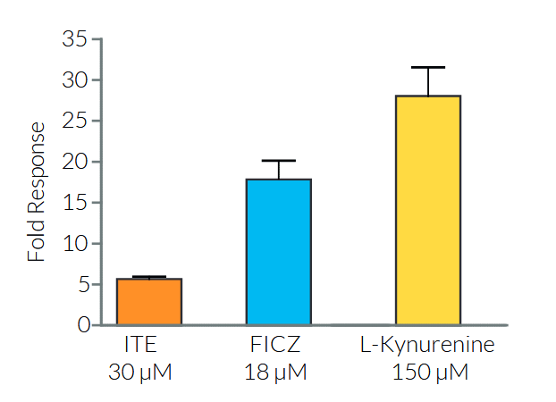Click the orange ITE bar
(149, 302)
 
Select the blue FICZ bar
(278, 252)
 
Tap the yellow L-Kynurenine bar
(428, 210)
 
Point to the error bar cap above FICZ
(278, 161)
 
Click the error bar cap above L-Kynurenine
(428, 67)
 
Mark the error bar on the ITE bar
(149, 277)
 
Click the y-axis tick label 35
(75, 39)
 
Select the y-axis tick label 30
(75, 80)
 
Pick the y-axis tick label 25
(75, 121)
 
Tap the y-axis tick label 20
(75, 162)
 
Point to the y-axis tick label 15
(75, 203)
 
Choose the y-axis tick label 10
(75, 243)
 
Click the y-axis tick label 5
(82, 284)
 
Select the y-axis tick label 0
(82, 325)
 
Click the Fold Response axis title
(37, 191)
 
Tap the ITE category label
(141, 346)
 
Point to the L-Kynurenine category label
(427, 346)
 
